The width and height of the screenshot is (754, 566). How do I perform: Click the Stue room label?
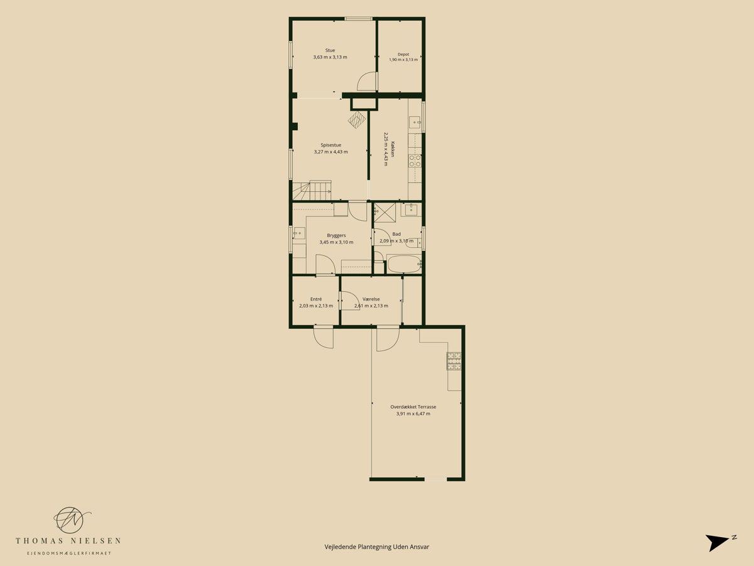click(330, 50)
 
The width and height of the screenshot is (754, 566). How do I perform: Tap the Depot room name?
click(403, 54)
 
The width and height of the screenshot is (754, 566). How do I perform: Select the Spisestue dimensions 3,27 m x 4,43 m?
click(331, 152)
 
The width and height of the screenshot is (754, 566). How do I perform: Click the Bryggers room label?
click(336, 235)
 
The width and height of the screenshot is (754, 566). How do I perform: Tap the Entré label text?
click(315, 299)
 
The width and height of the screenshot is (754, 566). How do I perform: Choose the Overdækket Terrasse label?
click(413, 407)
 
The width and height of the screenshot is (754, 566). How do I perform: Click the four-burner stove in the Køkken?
click(415, 161)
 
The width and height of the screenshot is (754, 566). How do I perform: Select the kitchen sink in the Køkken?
click(415, 123)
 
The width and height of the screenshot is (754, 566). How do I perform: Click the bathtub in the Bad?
click(404, 264)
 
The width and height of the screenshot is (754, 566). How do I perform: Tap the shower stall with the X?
click(385, 213)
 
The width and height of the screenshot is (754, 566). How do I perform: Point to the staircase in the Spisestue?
click(312, 191)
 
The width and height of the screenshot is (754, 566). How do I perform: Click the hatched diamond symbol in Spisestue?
click(357, 119)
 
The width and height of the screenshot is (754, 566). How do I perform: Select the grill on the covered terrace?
click(454, 361)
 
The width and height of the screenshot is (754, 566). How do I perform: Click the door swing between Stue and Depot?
click(366, 81)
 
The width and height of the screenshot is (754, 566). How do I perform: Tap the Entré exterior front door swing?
click(323, 338)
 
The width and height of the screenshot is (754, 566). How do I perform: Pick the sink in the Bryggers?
click(299, 233)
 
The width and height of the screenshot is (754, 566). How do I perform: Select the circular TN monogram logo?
click(70, 520)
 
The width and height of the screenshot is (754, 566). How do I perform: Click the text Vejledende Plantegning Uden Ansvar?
click(377, 547)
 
